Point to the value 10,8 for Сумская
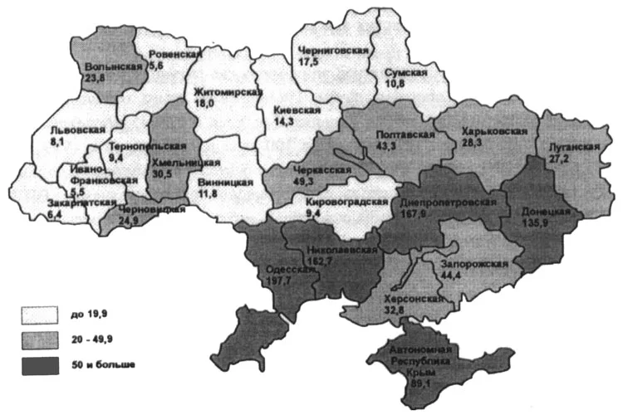[395, 85]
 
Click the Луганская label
[573, 146]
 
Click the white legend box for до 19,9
[39, 314]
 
